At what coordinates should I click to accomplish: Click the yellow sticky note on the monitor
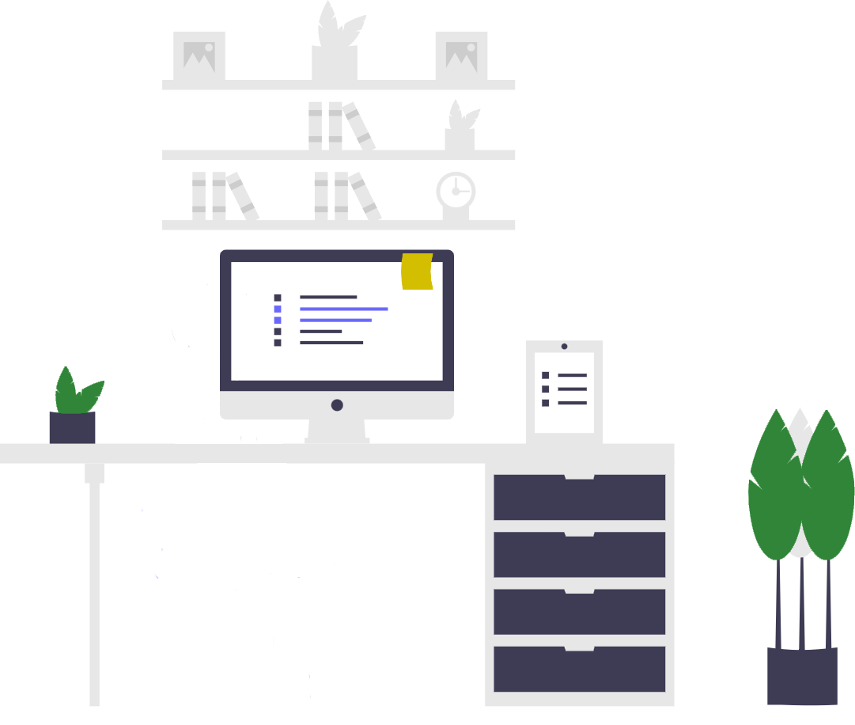(x=417, y=271)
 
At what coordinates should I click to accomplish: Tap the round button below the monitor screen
(x=337, y=405)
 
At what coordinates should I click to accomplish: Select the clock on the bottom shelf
(x=456, y=192)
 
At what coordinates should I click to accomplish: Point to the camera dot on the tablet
(x=564, y=347)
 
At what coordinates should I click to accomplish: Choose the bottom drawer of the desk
(x=579, y=670)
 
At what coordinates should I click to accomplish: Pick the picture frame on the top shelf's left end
(x=199, y=55)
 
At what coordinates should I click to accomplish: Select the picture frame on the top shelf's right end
(x=461, y=55)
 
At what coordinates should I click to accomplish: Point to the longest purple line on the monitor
(x=343, y=309)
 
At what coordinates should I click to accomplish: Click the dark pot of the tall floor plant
(x=802, y=676)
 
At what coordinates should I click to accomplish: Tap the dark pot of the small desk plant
(x=72, y=427)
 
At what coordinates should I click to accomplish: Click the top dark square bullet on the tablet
(x=545, y=375)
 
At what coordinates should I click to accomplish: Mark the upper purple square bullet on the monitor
(x=278, y=309)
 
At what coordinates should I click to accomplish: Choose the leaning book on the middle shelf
(x=360, y=127)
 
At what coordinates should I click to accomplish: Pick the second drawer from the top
(x=579, y=556)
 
